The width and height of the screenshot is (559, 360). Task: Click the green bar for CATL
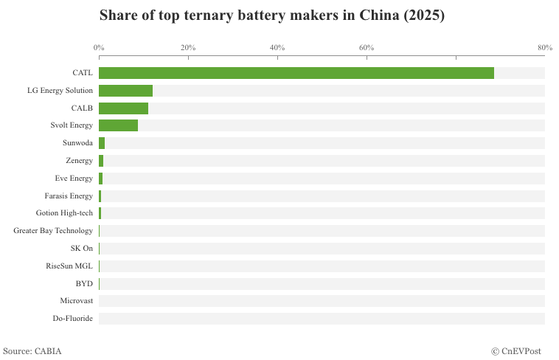(x=296, y=73)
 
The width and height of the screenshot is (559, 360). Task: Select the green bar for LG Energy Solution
(x=125, y=91)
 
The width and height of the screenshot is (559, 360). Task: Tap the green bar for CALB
(x=123, y=108)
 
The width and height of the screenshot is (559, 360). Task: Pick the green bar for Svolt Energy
(x=118, y=125)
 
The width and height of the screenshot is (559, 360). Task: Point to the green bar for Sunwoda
(x=102, y=143)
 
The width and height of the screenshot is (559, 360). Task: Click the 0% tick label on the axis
(x=99, y=48)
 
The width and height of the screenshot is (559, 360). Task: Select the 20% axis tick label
(x=188, y=48)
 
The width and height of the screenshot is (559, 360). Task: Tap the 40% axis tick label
(x=277, y=48)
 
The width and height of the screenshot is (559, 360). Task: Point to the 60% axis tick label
(x=367, y=48)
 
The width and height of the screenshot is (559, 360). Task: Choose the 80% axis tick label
(x=544, y=48)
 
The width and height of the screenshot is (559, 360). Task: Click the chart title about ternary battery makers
(x=272, y=15)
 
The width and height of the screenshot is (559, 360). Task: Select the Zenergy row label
(x=79, y=161)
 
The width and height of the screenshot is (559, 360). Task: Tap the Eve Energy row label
(x=74, y=179)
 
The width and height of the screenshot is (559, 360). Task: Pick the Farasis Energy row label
(x=69, y=195)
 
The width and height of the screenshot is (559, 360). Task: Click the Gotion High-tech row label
(x=64, y=213)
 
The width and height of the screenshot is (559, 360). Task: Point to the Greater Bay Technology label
(x=53, y=231)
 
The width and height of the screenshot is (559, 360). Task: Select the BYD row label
(x=84, y=283)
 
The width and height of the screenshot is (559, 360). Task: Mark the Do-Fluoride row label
(x=73, y=319)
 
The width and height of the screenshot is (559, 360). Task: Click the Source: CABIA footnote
(x=32, y=351)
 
